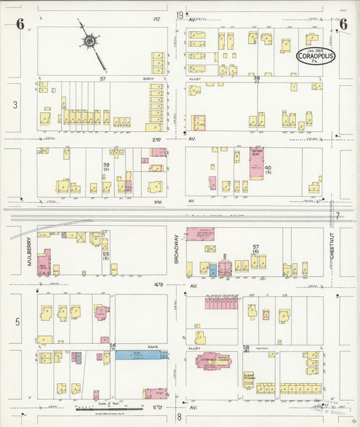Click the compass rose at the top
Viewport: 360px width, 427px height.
click(89, 42)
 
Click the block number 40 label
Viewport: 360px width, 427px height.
click(268, 168)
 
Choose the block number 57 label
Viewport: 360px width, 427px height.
click(256, 247)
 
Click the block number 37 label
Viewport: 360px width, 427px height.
click(103, 78)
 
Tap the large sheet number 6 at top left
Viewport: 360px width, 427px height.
click(20, 26)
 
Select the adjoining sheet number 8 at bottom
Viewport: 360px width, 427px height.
click(180, 417)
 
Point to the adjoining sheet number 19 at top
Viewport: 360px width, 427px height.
click(180, 15)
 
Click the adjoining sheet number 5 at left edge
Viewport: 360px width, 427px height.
click(18, 322)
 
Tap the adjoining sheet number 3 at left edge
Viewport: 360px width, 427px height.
click(14, 105)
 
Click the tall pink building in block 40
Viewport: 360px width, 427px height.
click(256, 163)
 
